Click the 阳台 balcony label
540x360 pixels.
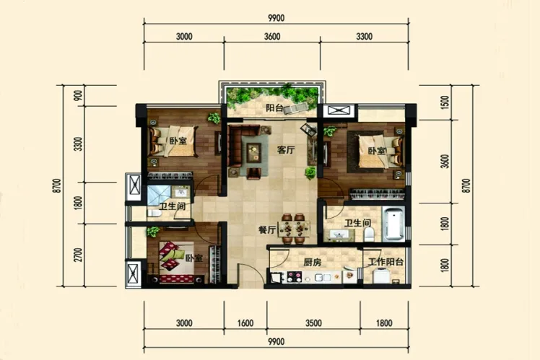(274, 108)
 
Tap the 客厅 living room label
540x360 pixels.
(286, 150)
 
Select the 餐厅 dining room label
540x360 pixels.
(267, 230)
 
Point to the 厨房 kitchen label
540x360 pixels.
(313, 263)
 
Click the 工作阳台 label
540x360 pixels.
(386, 262)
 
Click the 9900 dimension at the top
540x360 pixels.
(276, 18)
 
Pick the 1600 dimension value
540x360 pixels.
(245, 323)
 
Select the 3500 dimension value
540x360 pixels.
(313, 323)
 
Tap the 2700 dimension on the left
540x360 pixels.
(79, 255)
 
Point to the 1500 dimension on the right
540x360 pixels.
(445, 102)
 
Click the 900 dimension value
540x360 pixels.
(79, 95)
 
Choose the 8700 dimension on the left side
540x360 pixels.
(57, 185)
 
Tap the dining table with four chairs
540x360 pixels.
(295, 229)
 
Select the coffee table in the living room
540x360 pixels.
(254, 152)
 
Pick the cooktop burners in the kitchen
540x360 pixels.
(295, 276)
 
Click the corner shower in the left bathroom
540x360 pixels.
(158, 196)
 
